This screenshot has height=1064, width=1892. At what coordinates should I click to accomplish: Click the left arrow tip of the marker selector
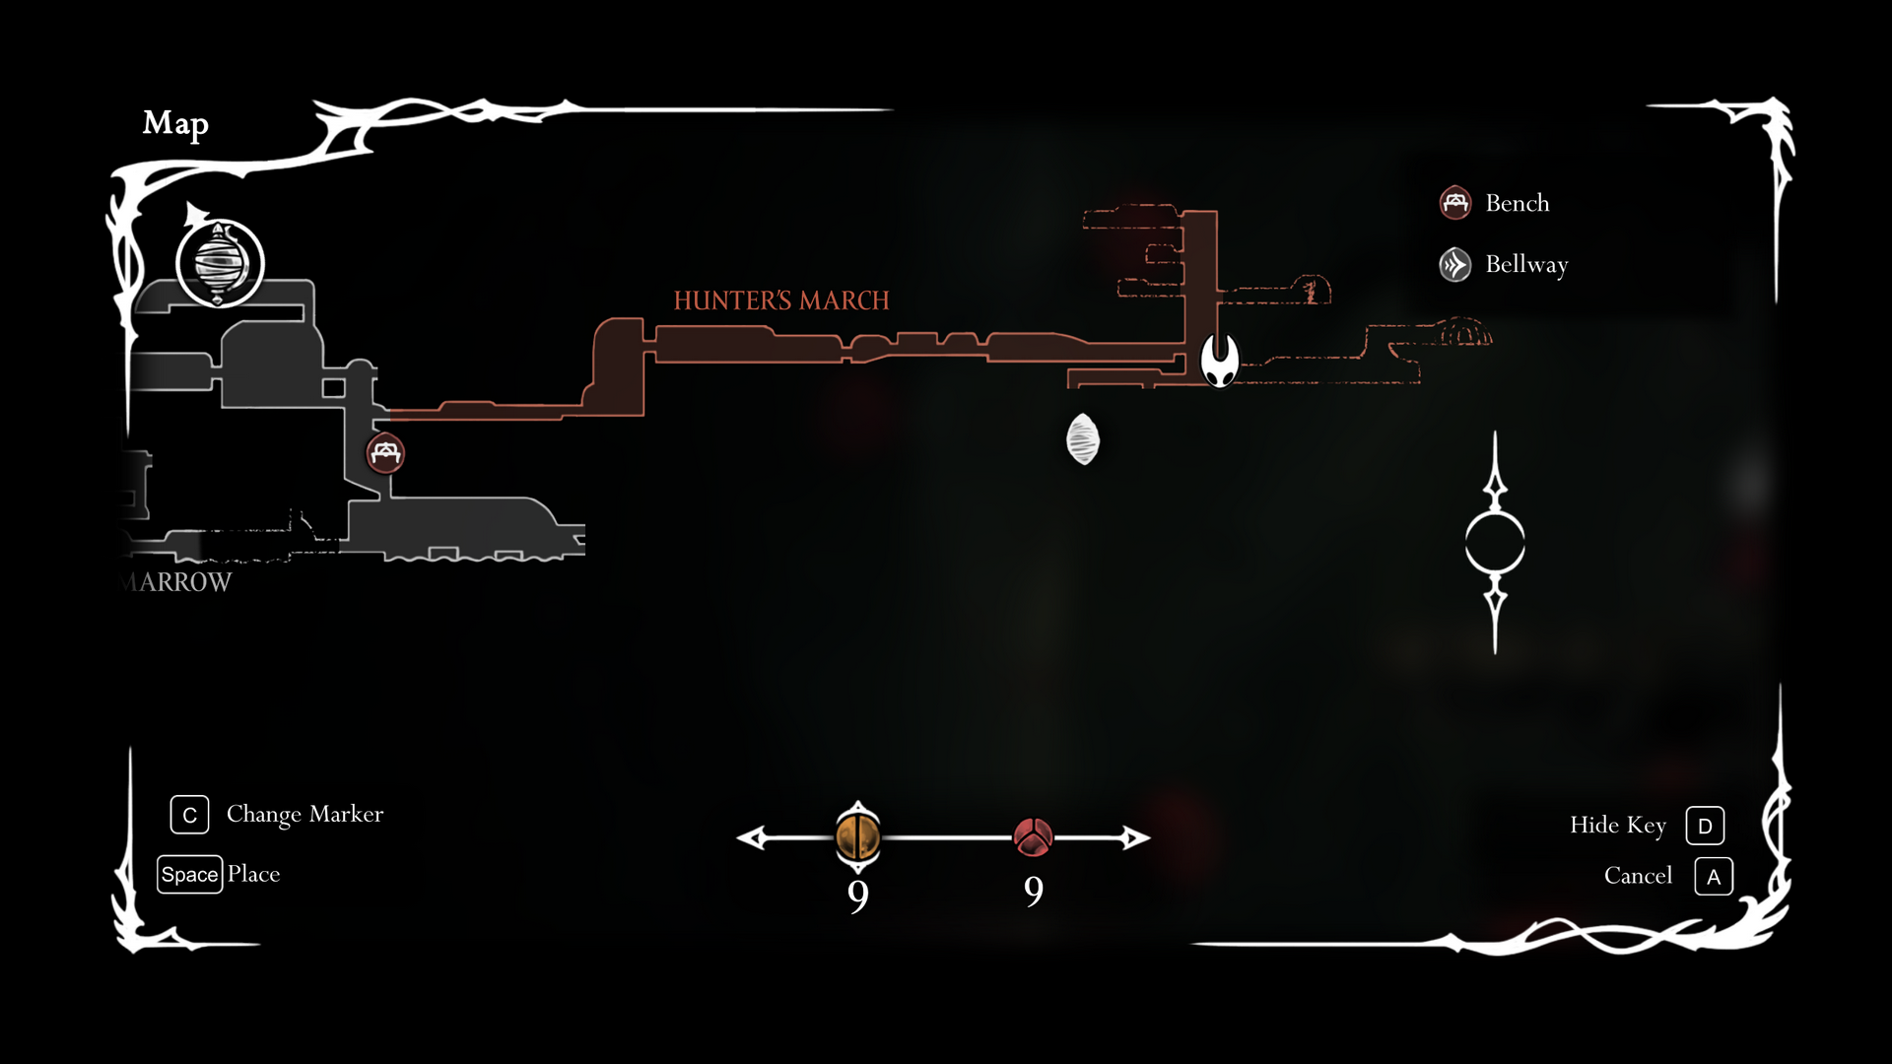tap(738, 838)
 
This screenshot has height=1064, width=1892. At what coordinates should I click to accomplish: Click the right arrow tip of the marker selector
tap(1149, 838)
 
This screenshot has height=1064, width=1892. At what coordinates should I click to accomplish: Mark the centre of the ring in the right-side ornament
tap(1495, 543)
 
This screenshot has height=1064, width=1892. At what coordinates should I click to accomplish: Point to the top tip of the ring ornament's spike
tap(1495, 432)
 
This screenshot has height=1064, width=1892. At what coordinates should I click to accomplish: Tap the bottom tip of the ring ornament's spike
tap(1495, 653)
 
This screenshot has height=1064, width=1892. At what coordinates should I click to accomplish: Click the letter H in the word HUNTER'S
tap(683, 300)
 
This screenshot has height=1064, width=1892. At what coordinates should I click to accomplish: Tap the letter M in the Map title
tap(158, 123)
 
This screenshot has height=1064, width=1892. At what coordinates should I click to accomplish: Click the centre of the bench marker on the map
tap(385, 453)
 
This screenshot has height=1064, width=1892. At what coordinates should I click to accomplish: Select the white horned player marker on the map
tap(1220, 360)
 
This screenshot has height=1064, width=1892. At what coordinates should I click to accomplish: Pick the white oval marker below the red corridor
tap(1083, 439)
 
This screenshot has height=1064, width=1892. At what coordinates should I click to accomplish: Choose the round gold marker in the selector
tap(858, 837)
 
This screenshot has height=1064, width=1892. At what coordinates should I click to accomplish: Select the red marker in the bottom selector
tap(1033, 837)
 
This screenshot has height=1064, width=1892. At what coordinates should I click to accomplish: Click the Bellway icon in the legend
tap(1455, 264)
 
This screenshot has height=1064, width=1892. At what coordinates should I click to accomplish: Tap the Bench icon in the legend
tap(1455, 203)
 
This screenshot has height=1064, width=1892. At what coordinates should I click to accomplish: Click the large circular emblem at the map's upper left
tap(221, 263)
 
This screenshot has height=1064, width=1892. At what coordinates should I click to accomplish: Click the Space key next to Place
tap(190, 875)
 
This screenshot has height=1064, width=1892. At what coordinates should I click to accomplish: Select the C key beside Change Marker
tap(189, 815)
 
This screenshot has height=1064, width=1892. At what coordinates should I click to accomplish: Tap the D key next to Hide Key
tap(1705, 826)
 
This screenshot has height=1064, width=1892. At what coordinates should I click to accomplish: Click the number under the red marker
tap(1034, 892)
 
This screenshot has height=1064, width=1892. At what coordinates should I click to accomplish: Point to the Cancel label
tap(1638, 876)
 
